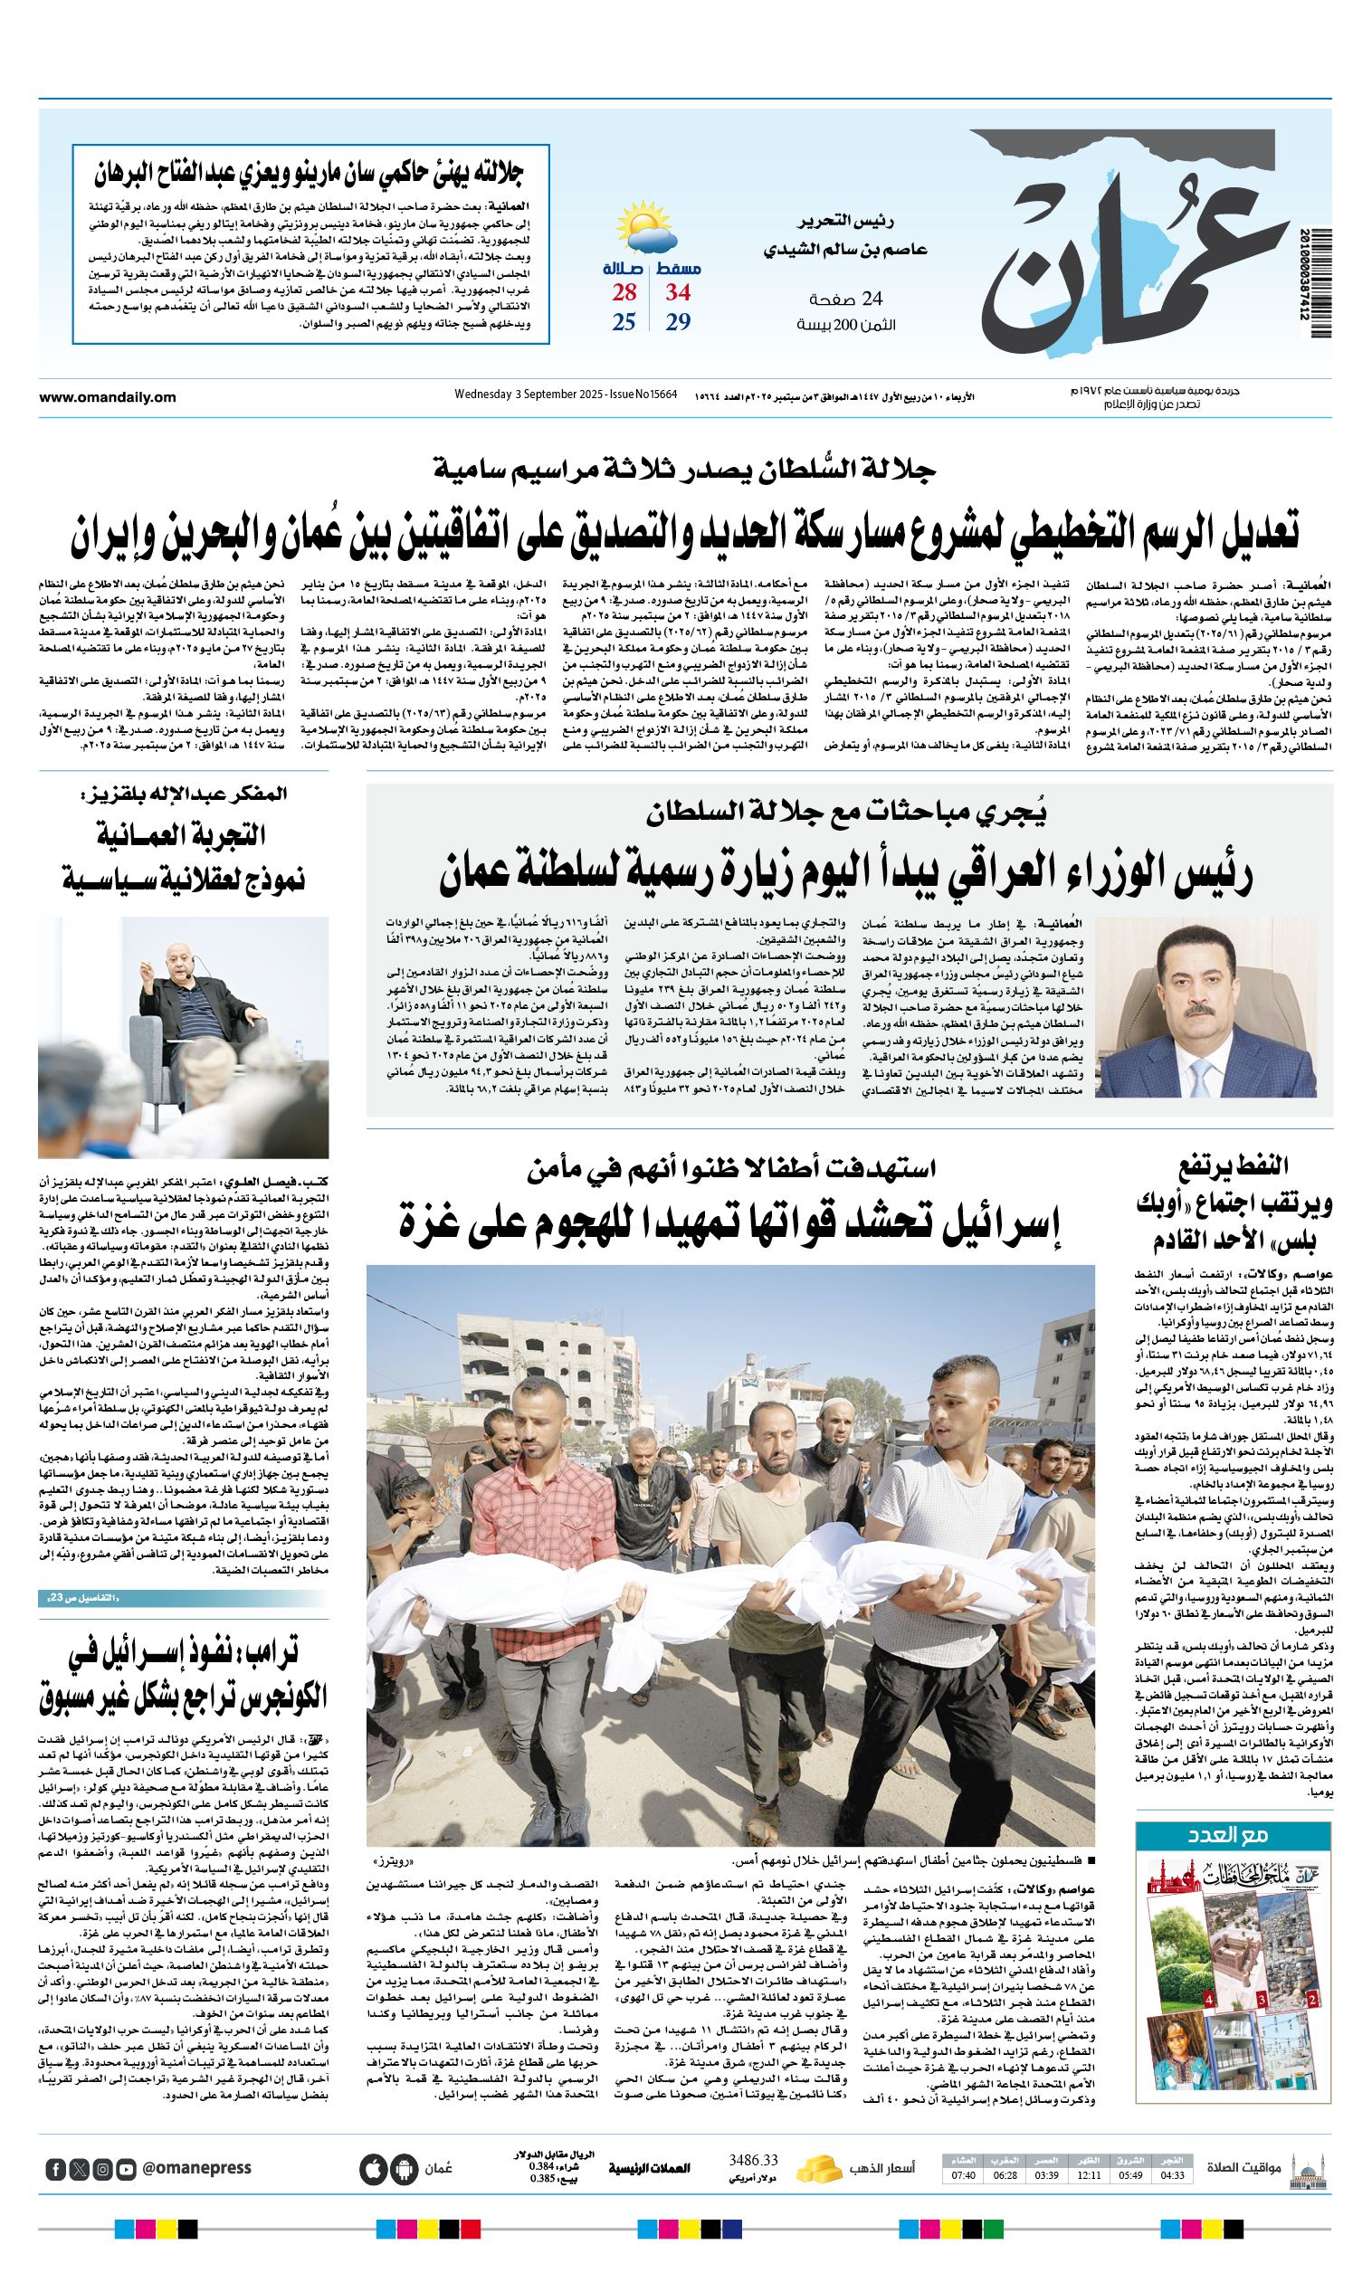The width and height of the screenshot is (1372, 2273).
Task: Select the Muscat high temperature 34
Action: tap(678, 292)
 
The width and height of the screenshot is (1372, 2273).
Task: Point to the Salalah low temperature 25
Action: tap(624, 322)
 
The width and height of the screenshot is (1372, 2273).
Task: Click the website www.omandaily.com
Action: tap(107, 397)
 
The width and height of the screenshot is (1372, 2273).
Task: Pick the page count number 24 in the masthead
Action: tap(872, 298)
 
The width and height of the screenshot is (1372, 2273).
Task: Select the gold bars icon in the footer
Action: tap(818, 2169)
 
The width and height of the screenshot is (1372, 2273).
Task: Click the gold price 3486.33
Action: tap(753, 2161)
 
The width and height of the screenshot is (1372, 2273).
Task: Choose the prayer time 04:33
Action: tap(1172, 2176)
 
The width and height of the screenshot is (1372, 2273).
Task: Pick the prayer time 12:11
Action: tap(1089, 2176)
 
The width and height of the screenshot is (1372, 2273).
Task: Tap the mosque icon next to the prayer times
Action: tap(1309, 2169)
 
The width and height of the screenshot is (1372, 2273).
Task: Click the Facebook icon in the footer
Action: tap(55, 2169)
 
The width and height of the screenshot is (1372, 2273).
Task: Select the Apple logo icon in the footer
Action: tap(374, 2169)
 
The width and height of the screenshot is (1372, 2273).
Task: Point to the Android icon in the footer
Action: tap(404, 2169)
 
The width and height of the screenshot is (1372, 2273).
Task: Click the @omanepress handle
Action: tap(196, 2169)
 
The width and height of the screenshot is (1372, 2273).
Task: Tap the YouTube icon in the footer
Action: tap(127, 2169)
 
